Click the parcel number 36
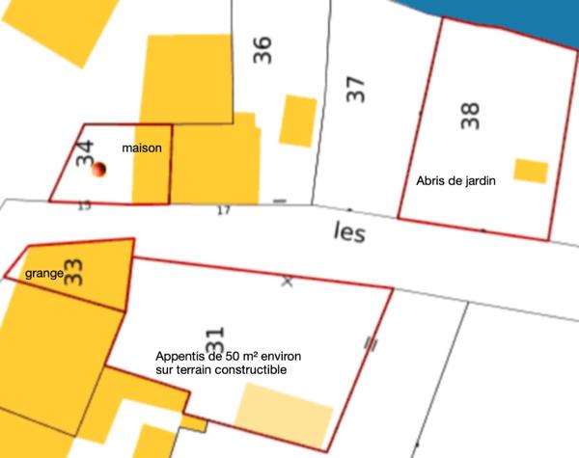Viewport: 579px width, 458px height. tap(262, 50)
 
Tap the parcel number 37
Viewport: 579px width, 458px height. tap(356, 90)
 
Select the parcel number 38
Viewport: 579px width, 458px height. tap(470, 116)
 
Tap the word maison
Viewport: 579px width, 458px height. tap(141, 148)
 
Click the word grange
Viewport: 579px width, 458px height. tap(44, 274)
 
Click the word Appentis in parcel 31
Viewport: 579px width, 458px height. tap(179, 355)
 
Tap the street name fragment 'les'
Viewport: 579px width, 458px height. tap(348, 233)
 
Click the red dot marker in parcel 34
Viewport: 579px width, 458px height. tap(98, 171)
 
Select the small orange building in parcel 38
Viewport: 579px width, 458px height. tap(531, 171)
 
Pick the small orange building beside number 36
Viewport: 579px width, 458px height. tap(297, 121)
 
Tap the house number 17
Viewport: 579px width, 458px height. tap(224, 210)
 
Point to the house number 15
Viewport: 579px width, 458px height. tap(84, 205)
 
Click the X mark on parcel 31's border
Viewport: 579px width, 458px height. tap(286, 282)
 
